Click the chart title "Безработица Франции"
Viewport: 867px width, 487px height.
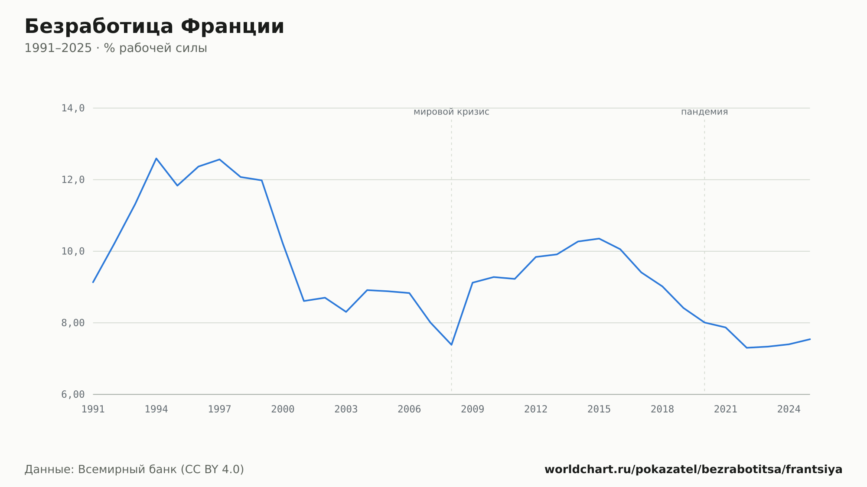(x=154, y=27)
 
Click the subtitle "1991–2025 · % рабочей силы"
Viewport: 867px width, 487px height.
(x=116, y=48)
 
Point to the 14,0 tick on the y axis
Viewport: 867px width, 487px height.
(x=73, y=108)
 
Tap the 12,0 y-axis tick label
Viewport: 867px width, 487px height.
(x=73, y=180)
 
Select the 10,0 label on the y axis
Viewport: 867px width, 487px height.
(x=73, y=251)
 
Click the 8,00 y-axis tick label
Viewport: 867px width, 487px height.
(x=73, y=323)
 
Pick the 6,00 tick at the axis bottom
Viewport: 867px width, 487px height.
(x=73, y=394)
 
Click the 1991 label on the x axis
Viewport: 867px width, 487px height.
(x=93, y=409)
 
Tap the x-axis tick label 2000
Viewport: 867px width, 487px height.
(x=283, y=409)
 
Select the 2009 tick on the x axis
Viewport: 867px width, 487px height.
(x=473, y=409)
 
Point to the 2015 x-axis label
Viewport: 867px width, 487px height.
(x=599, y=409)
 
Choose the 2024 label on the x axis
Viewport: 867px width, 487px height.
(x=789, y=409)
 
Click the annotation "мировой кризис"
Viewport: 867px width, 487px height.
(x=451, y=112)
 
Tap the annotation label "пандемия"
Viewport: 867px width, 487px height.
(x=704, y=112)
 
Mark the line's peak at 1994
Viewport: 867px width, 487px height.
(x=156, y=159)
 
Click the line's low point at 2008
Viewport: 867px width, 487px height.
(x=451, y=345)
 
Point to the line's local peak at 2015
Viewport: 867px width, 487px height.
(x=599, y=239)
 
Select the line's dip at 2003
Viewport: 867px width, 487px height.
(x=346, y=312)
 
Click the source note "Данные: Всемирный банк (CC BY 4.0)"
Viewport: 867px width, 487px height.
(x=134, y=470)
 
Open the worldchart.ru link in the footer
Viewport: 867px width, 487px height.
(x=694, y=470)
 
